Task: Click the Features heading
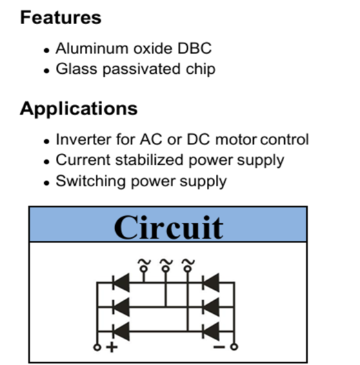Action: pos(61,17)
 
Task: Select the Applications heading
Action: pos(79,109)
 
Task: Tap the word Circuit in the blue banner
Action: pos(169,228)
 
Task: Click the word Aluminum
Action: pos(92,48)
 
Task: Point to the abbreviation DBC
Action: pos(194,48)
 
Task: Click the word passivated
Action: pos(141,70)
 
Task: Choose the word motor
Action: pos(236,140)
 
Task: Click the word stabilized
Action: pos(150,160)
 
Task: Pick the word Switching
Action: pos(91,181)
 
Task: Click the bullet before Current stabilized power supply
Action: pos(47,161)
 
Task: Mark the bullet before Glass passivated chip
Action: pos(47,70)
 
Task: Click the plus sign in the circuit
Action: pos(112,347)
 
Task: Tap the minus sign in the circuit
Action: pos(219,347)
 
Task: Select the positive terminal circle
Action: pos(97,347)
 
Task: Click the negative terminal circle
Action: pos(234,347)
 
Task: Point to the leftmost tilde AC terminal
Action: pos(144,266)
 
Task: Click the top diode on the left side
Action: pos(121,283)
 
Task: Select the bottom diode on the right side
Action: pos(210,331)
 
